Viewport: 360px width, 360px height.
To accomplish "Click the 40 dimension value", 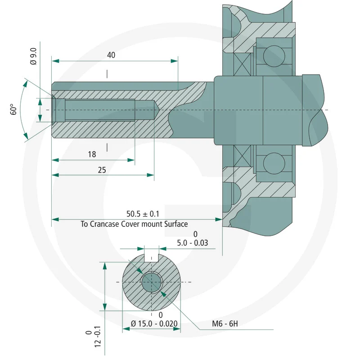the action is pyautogui.click(x=111, y=55).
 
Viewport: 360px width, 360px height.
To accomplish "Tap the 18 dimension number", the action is pyautogui.click(x=92, y=154).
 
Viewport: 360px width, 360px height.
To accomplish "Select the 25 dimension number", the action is pyautogui.click(x=102, y=170).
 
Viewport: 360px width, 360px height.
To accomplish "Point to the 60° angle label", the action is pyautogui.click(x=13, y=109).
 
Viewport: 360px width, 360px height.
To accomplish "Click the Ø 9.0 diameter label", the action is pyautogui.click(x=33, y=56).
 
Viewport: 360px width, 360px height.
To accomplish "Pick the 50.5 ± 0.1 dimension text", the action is pyautogui.click(x=143, y=214).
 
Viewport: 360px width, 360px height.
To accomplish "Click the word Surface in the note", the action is pyautogui.click(x=176, y=224).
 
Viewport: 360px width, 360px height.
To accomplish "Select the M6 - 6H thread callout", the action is pyautogui.click(x=225, y=324).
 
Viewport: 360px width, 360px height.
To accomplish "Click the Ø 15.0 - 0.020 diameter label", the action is pyautogui.click(x=154, y=324).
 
